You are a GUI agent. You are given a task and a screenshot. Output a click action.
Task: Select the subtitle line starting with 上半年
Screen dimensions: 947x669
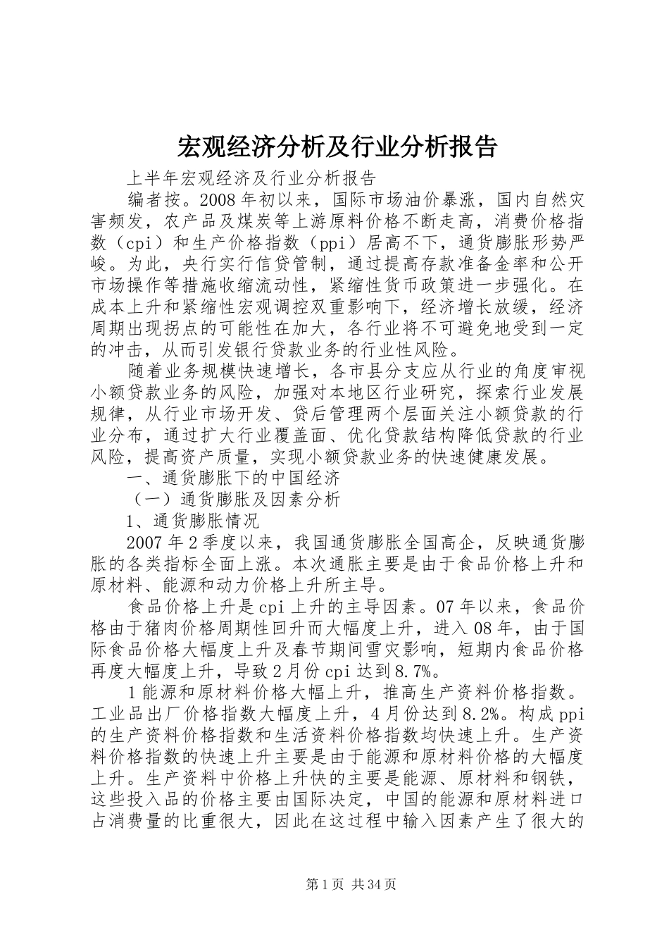(251, 177)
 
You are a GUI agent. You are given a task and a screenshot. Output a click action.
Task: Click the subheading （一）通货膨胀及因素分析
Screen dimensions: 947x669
(233, 500)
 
